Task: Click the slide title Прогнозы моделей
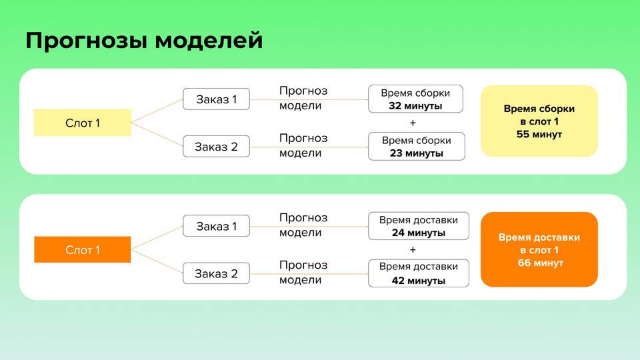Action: (144, 41)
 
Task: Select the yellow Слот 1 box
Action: (83, 123)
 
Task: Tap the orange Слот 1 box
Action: (83, 249)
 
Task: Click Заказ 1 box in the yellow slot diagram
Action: (216, 99)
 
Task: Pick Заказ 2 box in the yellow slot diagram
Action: (216, 147)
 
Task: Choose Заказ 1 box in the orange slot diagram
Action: (216, 226)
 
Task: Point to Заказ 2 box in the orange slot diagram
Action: (216, 273)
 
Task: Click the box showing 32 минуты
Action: (415, 99)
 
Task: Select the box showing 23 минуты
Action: (416, 146)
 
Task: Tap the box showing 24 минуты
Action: (419, 226)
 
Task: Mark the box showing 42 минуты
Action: (419, 273)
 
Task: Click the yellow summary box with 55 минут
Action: (539, 121)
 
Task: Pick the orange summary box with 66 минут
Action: (539, 249)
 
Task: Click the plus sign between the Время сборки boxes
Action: (413, 123)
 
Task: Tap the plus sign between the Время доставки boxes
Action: (413, 250)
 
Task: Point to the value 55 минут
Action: (539, 134)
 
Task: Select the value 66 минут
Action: (541, 263)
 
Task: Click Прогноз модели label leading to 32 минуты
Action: (303, 98)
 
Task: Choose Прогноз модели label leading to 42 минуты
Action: (303, 272)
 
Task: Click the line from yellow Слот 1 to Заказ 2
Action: (157, 134)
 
